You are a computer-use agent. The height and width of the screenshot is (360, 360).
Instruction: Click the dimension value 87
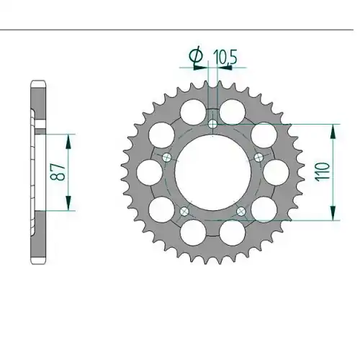[x=58, y=172]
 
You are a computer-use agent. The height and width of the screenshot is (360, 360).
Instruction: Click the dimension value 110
[x=323, y=172]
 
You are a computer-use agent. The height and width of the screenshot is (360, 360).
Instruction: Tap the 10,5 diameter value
[x=225, y=57]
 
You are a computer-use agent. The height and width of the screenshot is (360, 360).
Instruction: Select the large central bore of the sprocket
[x=213, y=173]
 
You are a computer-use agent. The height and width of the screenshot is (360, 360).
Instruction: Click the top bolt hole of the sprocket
[x=212, y=124]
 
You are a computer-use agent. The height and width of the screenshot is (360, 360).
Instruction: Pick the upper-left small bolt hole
[x=166, y=158]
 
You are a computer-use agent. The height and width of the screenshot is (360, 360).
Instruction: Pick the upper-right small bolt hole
[x=258, y=158]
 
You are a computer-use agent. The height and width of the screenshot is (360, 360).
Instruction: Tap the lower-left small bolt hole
[x=184, y=212]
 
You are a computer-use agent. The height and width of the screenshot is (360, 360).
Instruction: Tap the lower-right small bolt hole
[x=241, y=212]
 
